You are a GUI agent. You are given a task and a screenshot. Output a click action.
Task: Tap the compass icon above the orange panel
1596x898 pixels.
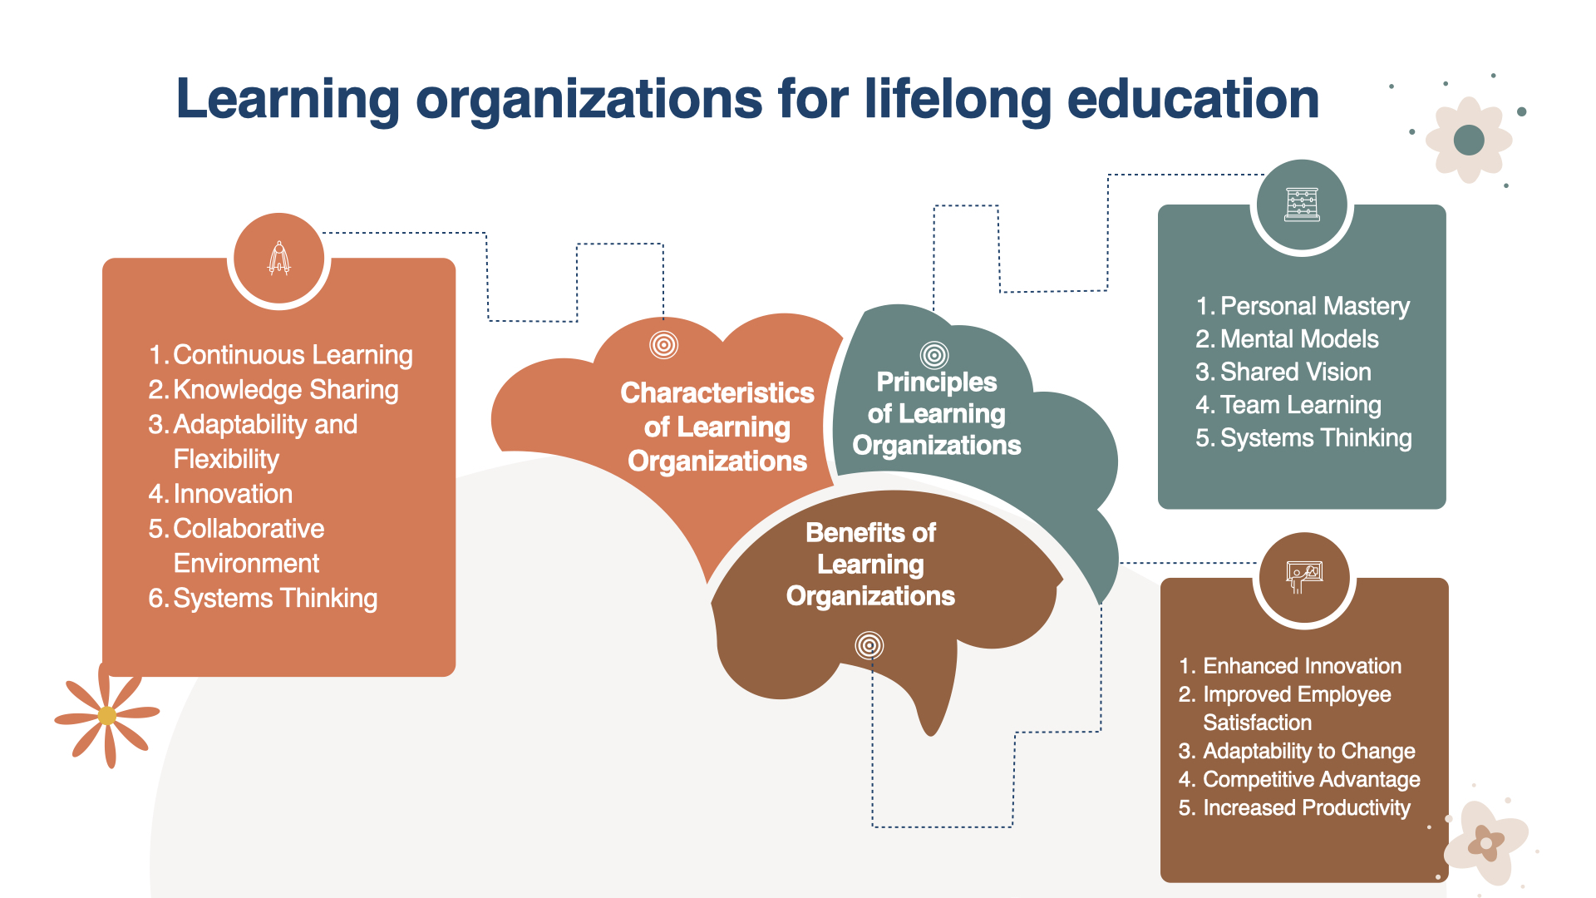coord(279,258)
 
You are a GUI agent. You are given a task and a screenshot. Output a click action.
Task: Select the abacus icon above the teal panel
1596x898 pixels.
coord(1302,205)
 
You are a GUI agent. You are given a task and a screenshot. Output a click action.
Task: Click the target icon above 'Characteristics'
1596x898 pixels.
coord(663,344)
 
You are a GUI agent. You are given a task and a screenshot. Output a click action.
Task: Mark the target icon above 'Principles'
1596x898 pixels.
coord(934,355)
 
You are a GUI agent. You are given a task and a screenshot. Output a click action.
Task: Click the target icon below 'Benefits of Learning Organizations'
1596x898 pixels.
coord(869,645)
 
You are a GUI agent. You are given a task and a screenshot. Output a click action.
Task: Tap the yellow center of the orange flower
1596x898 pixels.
coord(107,715)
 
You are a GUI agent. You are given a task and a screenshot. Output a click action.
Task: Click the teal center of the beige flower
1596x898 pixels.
coord(1469,140)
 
